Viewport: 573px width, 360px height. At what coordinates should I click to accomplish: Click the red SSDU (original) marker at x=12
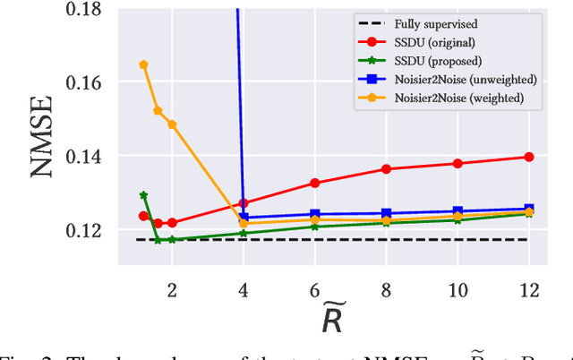coord(528,157)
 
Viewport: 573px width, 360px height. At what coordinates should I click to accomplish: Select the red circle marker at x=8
coord(386,168)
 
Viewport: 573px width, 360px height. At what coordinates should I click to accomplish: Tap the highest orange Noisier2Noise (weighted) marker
coord(143,64)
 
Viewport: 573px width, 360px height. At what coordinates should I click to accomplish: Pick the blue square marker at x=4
coord(244,218)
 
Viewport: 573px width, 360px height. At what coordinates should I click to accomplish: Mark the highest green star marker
coord(143,194)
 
